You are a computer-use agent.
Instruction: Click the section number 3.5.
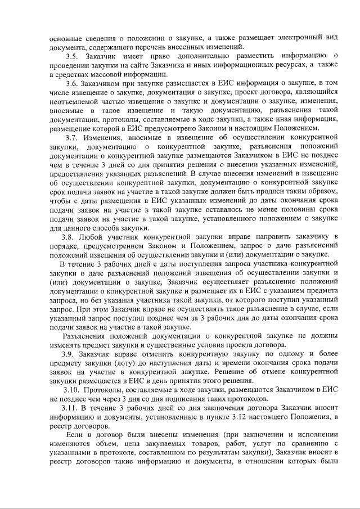tap(72, 56)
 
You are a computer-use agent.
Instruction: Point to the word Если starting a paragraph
tap(75, 435)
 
